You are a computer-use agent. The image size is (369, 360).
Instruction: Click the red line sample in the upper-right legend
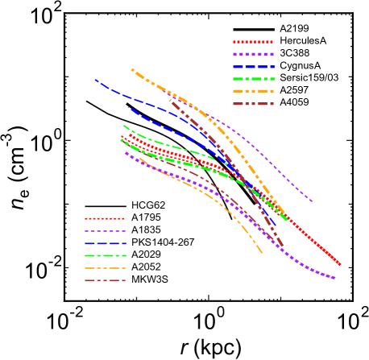pyautogui.click(x=254, y=42)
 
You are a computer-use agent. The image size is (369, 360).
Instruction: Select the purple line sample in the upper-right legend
pyautogui.click(x=254, y=54)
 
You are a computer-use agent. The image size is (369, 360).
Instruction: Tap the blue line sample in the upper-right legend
pyautogui.click(x=254, y=67)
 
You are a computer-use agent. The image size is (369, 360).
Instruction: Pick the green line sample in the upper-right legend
pyautogui.click(x=254, y=79)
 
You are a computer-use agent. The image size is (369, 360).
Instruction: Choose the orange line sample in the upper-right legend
pyautogui.click(x=254, y=91)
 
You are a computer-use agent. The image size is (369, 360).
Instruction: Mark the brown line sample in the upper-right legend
pyautogui.click(x=254, y=104)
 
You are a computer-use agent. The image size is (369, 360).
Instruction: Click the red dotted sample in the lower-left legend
pyautogui.click(x=106, y=218)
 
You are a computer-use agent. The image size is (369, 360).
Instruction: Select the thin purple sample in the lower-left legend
pyautogui.click(x=106, y=231)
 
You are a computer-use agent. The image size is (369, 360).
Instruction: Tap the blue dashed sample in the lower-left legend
pyautogui.click(x=106, y=243)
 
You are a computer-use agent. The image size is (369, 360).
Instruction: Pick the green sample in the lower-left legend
pyautogui.click(x=106, y=255)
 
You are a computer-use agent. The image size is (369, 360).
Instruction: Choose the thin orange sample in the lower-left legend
pyautogui.click(x=106, y=268)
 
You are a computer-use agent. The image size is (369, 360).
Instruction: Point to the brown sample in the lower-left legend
pyautogui.click(x=106, y=280)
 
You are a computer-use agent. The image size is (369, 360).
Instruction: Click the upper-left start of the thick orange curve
pyautogui.click(x=132, y=69)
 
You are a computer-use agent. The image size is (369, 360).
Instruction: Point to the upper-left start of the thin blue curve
pyautogui.click(x=95, y=79)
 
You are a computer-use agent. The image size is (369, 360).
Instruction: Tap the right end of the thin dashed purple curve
pyautogui.click(x=312, y=201)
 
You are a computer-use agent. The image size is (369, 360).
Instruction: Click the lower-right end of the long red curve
pyautogui.click(x=340, y=264)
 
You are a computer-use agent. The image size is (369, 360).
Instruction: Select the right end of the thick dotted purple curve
pyautogui.click(x=334, y=279)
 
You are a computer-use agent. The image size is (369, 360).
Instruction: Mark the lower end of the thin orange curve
pyautogui.click(x=262, y=253)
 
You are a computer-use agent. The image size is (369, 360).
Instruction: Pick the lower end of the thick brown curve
pyautogui.click(x=283, y=246)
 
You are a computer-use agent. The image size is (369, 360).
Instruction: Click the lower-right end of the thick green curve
pyautogui.click(x=285, y=218)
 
